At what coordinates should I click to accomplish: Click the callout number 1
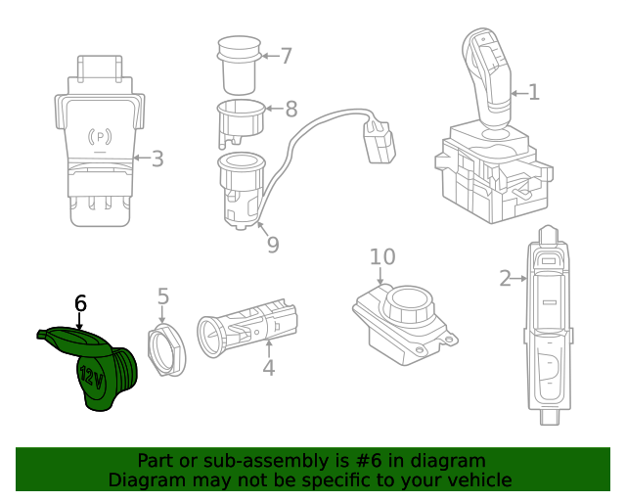(534, 93)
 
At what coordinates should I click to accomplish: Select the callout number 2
(505, 279)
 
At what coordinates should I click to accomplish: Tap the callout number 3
(156, 159)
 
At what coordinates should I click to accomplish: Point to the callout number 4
(268, 368)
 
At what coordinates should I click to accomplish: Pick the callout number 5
(163, 296)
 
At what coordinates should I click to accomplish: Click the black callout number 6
(80, 303)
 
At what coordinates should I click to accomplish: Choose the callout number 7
(286, 56)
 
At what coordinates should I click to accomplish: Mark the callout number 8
(291, 109)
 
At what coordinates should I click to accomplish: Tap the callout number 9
(273, 244)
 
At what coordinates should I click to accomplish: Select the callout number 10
(382, 256)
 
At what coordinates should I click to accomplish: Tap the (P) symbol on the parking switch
(100, 136)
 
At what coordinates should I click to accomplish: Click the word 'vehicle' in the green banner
(476, 479)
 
